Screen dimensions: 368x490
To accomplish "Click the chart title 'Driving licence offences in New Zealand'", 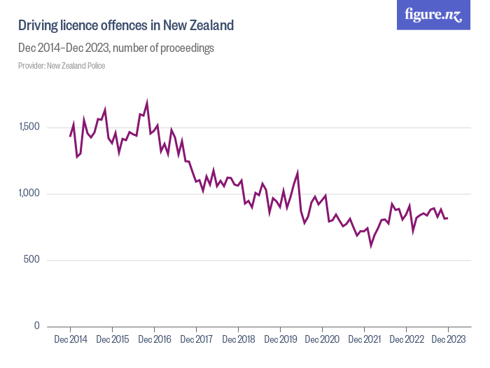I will click(x=125, y=26).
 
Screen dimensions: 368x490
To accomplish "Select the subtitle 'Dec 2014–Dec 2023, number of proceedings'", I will click(x=115, y=48).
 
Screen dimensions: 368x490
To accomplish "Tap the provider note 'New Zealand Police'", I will click(x=62, y=66).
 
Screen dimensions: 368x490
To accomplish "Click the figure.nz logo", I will click(x=433, y=15).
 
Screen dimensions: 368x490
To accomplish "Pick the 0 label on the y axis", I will click(x=36, y=326).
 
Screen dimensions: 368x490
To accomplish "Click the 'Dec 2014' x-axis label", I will click(x=70, y=339).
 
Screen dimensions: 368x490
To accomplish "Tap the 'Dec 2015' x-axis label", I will click(x=112, y=339).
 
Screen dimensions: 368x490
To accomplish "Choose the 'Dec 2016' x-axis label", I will click(x=154, y=339).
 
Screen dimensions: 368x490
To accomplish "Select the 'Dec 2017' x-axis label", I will click(x=196, y=339).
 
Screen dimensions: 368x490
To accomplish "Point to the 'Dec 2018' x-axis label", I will click(x=238, y=339).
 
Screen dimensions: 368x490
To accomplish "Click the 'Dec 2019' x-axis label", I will click(x=280, y=339).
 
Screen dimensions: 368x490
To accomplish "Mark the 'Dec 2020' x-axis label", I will click(x=322, y=339).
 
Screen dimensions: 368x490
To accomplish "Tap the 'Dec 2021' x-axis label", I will click(x=364, y=339).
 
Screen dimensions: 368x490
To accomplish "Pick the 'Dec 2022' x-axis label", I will click(x=406, y=339).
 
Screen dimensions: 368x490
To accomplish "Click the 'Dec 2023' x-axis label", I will click(x=448, y=339).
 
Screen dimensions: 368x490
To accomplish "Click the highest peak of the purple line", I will click(x=147, y=102).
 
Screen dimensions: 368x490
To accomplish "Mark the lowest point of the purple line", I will click(x=371, y=245).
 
